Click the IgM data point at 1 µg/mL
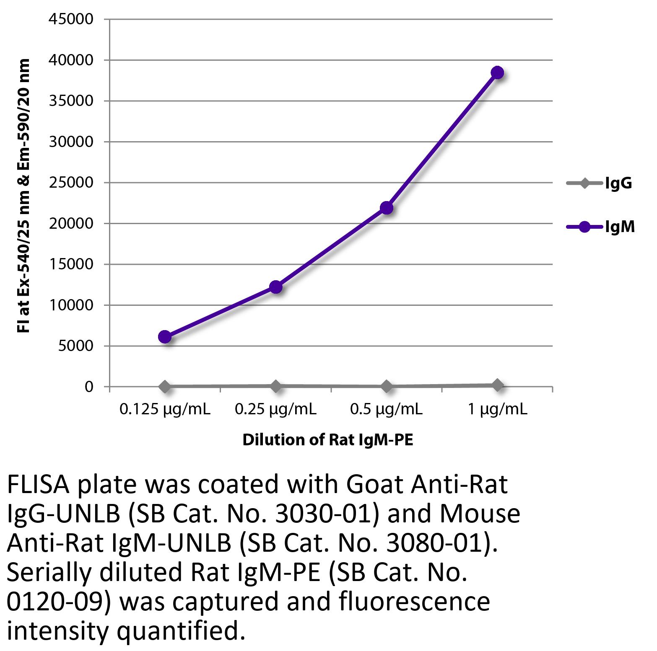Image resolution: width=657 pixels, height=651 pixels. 497,72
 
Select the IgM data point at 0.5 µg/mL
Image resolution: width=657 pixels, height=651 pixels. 386,207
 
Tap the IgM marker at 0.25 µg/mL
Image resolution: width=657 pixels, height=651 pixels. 275,287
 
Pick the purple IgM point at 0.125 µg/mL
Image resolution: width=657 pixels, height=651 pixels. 165,337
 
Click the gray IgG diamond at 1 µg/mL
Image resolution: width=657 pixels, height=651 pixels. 497,385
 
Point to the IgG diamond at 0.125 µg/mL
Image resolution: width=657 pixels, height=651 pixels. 165,386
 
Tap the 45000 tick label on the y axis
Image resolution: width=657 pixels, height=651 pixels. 71,19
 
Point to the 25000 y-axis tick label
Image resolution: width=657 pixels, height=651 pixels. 71,183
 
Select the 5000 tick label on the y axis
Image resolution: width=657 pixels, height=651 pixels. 75,346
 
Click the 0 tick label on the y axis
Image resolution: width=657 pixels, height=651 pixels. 88,387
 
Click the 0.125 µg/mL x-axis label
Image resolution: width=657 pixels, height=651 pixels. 165,409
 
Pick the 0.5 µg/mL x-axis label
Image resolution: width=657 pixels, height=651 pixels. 386,409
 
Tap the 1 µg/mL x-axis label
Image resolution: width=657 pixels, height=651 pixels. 497,409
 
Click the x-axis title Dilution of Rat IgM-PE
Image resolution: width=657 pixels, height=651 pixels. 328,440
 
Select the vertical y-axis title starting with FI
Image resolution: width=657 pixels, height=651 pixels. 24,196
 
